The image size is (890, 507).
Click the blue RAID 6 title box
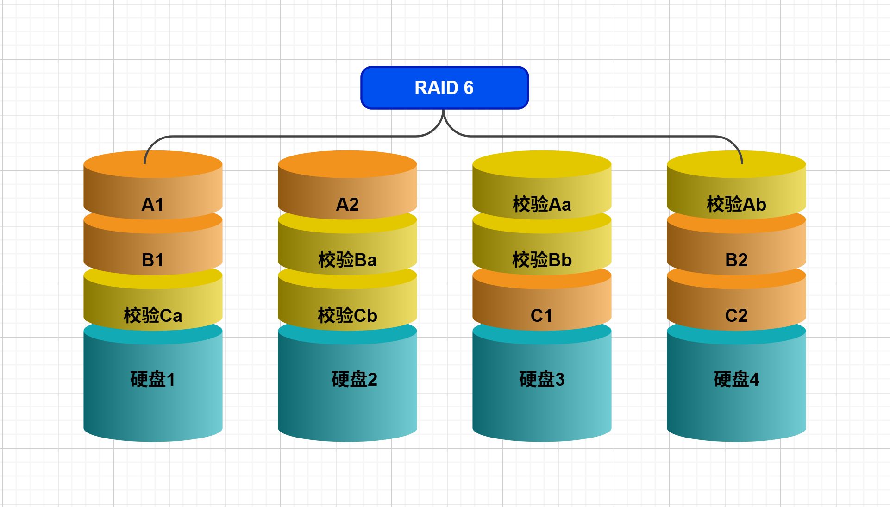(445, 88)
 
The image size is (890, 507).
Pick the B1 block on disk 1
(153, 255)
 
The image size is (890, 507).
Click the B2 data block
(736, 255)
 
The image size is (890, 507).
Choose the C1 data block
(542, 310)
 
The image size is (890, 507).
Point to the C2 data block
(736, 310)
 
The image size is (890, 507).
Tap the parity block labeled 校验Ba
(347, 255)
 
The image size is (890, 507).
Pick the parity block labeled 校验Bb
(542, 255)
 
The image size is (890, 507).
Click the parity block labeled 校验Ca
(153, 310)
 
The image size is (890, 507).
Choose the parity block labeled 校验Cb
(347, 310)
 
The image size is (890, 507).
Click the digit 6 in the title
(469, 88)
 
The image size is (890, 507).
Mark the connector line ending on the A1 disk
(278, 136)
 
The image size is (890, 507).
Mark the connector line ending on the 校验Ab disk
(602, 136)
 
